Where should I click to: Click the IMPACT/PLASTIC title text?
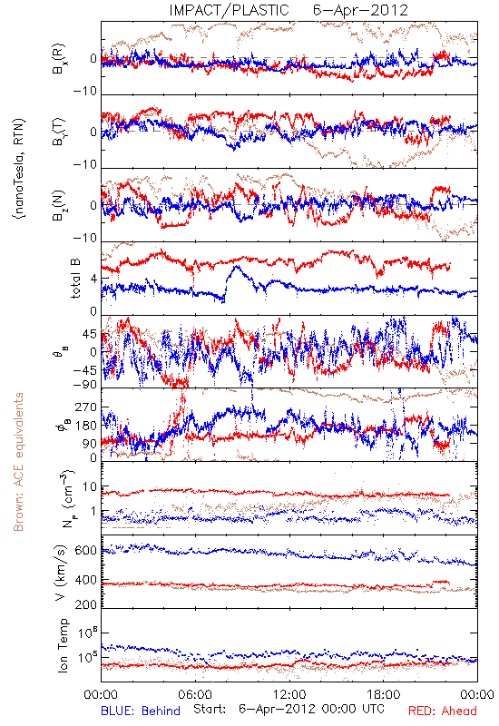[x=229, y=10]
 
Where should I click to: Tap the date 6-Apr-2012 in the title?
[x=360, y=10]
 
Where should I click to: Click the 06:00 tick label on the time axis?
[x=195, y=694]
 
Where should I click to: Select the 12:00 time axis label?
[x=289, y=694]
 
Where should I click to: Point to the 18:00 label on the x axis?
[x=384, y=694]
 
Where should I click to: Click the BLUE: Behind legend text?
[x=141, y=711]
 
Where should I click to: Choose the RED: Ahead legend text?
[x=443, y=711]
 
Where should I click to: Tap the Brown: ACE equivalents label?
[x=18, y=462]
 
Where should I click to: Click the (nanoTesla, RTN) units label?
[x=19, y=168]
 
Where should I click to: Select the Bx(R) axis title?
[x=59, y=59]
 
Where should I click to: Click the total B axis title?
[x=75, y=278]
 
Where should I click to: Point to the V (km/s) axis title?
[x=61, y=573]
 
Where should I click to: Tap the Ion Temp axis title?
[x=63, y=645]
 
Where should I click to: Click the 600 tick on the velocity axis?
[x=85, y=551]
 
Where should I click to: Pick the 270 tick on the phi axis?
[x=86, y=407]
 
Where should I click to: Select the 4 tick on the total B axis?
[x=94, y=280]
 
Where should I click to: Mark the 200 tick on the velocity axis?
[x=85, y=604]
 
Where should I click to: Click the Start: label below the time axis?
[x=210, y=709]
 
